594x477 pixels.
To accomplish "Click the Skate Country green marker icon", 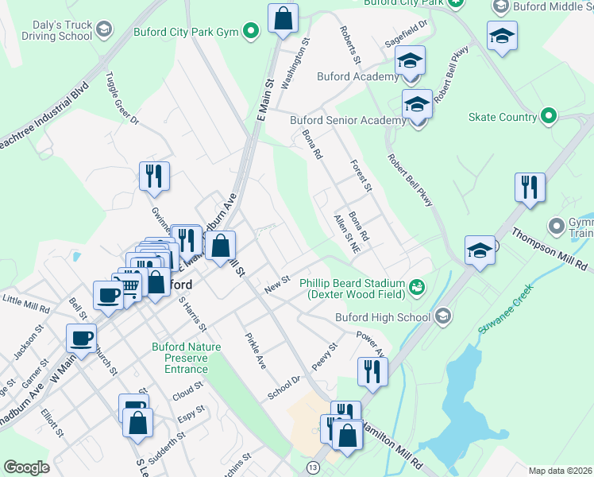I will pos(549,117).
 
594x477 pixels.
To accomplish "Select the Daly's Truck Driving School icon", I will pos(102,31).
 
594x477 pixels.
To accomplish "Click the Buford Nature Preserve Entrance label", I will pos(180,358).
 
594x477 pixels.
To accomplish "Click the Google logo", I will pos(26,467).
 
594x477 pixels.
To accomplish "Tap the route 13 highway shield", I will pos(314,467).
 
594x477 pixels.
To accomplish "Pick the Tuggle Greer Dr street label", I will pos(121,99).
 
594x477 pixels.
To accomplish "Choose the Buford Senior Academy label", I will pos(348,120).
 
